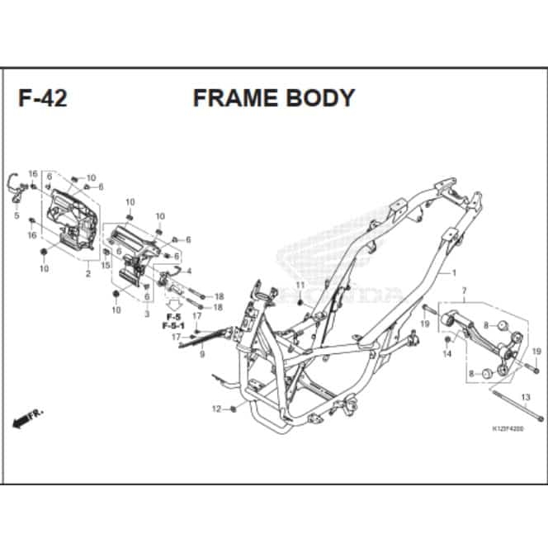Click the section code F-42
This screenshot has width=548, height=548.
43,98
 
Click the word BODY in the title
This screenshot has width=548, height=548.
321,97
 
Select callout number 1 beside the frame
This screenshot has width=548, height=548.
453,272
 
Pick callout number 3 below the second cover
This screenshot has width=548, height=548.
146,314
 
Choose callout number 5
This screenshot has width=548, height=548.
17,215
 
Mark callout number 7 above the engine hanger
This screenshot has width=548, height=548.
464,291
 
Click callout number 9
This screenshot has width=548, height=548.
201,353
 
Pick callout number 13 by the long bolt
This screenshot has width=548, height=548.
525,398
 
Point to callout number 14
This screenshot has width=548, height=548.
447,353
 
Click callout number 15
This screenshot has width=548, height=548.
106,265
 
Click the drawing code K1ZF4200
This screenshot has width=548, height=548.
507,429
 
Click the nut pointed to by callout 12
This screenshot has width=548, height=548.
234,409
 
